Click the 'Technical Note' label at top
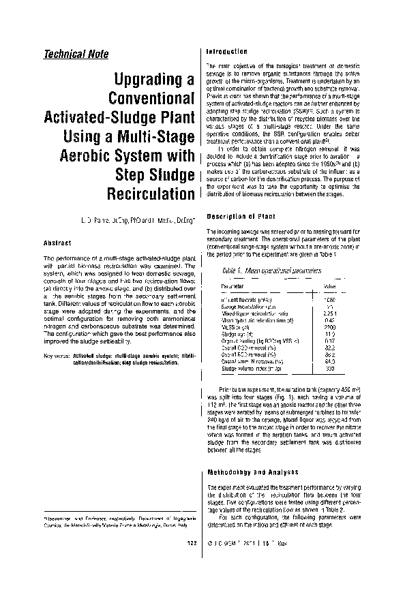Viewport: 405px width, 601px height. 75,55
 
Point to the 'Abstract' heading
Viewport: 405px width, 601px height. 58,243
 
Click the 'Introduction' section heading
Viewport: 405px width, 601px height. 226,52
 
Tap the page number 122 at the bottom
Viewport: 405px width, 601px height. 192,581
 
